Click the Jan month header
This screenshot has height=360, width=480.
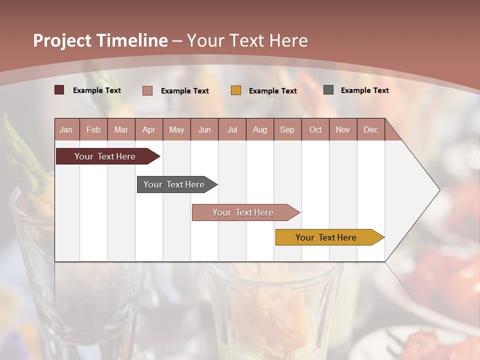pos(66,129)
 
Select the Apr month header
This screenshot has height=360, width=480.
pos(148,129)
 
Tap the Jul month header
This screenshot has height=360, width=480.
pos(232,129)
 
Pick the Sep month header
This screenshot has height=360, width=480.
pos(287,129)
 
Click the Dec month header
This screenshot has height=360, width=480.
pos(370,129)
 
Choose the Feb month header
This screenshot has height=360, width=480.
pos(93,129)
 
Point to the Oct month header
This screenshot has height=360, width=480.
pos(315,129)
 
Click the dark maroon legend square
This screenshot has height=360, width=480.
pos(59,90)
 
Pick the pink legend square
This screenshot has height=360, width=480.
pos(147,90)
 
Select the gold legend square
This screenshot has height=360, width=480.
pos(236,90)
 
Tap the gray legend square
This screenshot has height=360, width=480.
pos(328,90)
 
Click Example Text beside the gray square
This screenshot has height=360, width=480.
pos(364,90)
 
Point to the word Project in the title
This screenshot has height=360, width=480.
pos(62,40)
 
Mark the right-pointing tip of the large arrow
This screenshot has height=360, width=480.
pos(439,190)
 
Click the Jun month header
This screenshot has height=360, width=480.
pos(204,129)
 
